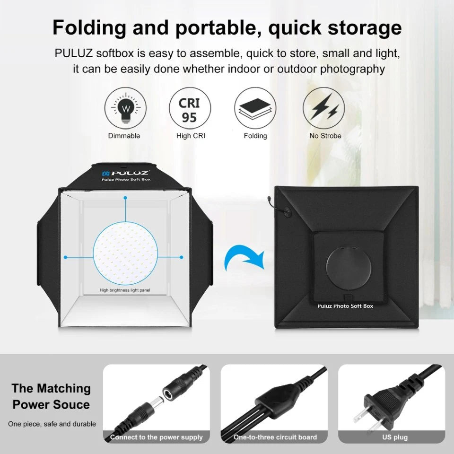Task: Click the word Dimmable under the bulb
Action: [x=124, y=136]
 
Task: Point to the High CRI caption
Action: [x=190, y=136]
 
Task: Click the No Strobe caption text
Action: [x=325, y=136]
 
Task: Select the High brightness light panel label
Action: [x=125, y=290]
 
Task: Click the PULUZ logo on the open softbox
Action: [x=126, y=173]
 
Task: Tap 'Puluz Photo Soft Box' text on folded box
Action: [x=345, y=306]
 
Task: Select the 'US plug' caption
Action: [x=394, y=437]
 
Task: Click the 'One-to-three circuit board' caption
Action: [x=275, y=437]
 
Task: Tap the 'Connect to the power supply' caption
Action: [x=157, y=437]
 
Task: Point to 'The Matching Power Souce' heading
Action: [x=51, y=396]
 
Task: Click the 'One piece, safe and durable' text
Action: [x=52, y=424]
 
